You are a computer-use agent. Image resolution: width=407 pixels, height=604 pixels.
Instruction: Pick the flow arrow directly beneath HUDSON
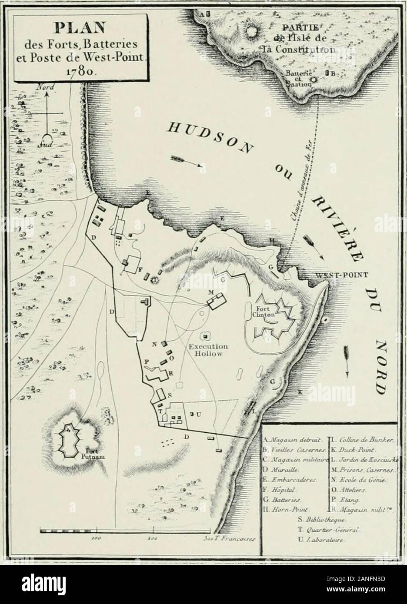[x=187, y=162]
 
